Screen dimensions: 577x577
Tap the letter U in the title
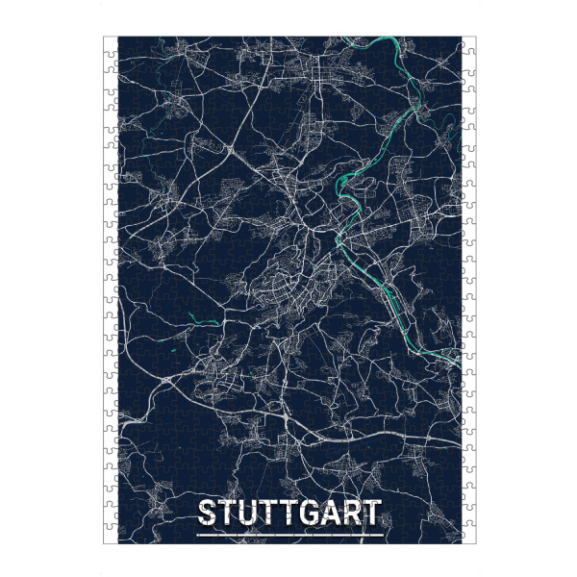click(249, 512)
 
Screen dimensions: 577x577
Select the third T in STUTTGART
click(290, 512)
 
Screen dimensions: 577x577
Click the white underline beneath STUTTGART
click(288, 533)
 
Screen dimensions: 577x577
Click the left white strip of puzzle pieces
click(110, 288)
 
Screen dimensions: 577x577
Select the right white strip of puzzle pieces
click(468, 288)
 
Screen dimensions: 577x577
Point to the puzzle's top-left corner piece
click(110, 43)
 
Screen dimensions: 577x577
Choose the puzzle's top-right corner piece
click(468, 43)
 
